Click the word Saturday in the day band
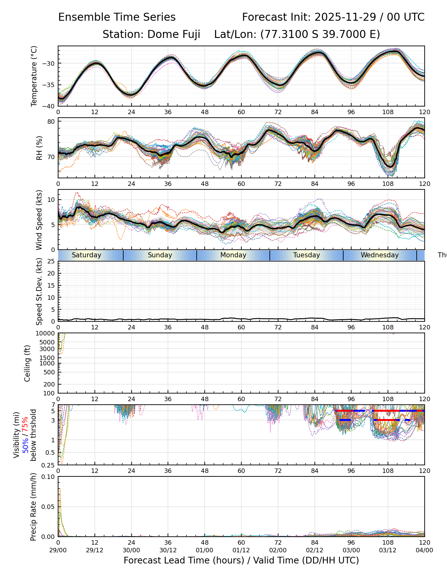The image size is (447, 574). tap(86, 255)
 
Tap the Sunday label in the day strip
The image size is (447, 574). tap(160, 255)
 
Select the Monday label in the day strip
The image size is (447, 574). tap(233, 255)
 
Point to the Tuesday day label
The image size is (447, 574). tap(307, 255)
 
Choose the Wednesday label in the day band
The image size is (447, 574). tap(380, 255)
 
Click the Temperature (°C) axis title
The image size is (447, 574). tap(34, 76)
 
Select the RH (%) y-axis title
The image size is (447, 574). tap(39, 148)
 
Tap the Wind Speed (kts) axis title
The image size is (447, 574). tap(39, 220)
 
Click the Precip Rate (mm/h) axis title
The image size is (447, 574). tap(33, 507)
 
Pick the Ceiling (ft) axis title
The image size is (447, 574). tap(28, 363)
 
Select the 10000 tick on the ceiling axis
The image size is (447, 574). tap(47, 334)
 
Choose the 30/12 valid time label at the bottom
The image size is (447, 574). tap(168, 550)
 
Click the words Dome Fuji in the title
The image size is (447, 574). tap(174, 34)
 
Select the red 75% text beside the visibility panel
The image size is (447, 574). tap(25, 426)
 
